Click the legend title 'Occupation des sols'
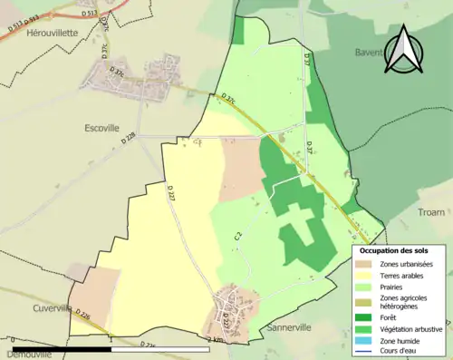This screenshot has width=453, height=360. coord(394,250)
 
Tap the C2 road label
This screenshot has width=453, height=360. coord(237,238)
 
